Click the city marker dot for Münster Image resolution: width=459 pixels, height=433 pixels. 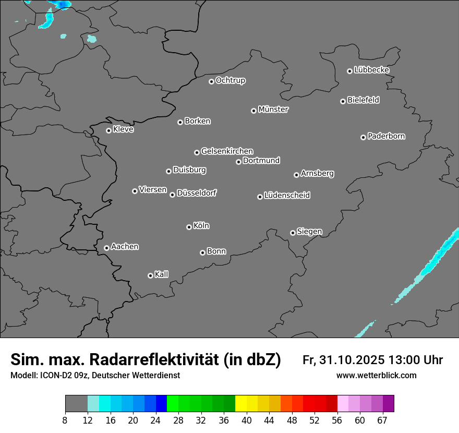pos(254,111)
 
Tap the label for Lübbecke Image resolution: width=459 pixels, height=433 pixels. pos(371,70)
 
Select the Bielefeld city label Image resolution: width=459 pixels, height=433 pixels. pos(363,100)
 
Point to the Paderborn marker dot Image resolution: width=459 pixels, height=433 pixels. pos(364,137)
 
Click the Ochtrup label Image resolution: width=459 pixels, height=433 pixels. pos(231,80)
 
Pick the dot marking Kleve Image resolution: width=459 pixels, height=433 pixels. pos(109,130)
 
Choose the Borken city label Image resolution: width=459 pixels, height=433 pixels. pos(198,121)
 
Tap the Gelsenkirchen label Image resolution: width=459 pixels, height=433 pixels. pos(227,151)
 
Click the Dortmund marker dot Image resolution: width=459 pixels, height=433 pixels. pos(239,162)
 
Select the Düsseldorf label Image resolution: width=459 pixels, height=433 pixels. pos(197,193)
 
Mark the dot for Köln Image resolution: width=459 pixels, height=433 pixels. pos(189,227)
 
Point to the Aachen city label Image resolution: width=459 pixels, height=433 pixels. pos(125,247)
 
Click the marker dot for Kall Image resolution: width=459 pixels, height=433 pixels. pos(151,275)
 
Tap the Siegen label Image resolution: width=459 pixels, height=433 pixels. pos(309,232)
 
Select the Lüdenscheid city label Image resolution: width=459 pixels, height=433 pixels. pos(287,196)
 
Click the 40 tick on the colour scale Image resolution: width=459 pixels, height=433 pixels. pos(246,420)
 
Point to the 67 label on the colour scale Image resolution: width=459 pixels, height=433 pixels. pos(382,420)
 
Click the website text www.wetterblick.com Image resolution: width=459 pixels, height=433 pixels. pos(376,376)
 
